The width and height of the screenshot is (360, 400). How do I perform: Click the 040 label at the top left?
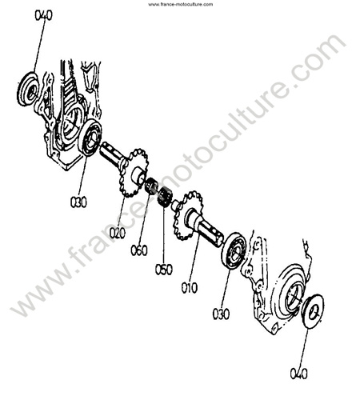(x=43, y=15)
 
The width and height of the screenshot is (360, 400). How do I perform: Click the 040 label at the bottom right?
(x=298, y=374)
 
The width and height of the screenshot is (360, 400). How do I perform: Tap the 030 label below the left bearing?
(x=78, y=202)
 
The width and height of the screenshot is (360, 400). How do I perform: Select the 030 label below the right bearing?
(x=221, y=314)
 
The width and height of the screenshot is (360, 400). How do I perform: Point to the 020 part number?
(x=118, y=233)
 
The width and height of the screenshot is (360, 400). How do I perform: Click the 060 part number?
(x=139, y=250)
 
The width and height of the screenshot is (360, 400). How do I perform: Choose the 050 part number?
(x=164, y=270)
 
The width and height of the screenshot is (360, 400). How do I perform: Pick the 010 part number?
(x=190, y=288)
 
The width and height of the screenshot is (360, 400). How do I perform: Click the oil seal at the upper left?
(x=28, y=89)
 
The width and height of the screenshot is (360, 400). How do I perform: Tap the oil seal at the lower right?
(x=313, y=311)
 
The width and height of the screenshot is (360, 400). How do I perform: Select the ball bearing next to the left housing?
(x=90, y=138)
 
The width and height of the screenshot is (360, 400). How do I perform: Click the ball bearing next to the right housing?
(x=234, y=250)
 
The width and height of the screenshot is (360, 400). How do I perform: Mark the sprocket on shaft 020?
(x=133, y=173)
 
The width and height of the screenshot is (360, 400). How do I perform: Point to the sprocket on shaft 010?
(x=187, y=215)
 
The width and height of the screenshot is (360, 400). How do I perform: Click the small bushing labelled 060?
(x=151, y=186)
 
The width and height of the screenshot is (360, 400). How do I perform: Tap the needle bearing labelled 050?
(x=165, y=197)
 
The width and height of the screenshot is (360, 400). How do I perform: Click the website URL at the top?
(x=181, y=4)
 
